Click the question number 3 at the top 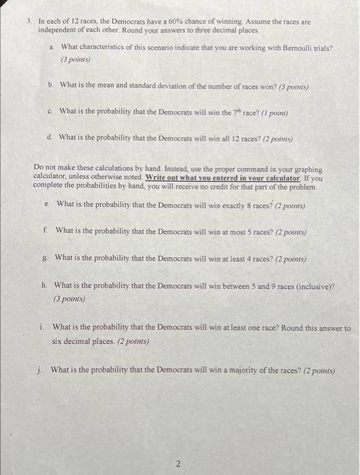28,22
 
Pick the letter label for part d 50,137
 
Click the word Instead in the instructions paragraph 174,168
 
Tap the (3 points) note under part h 71,298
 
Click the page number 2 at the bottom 178,446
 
